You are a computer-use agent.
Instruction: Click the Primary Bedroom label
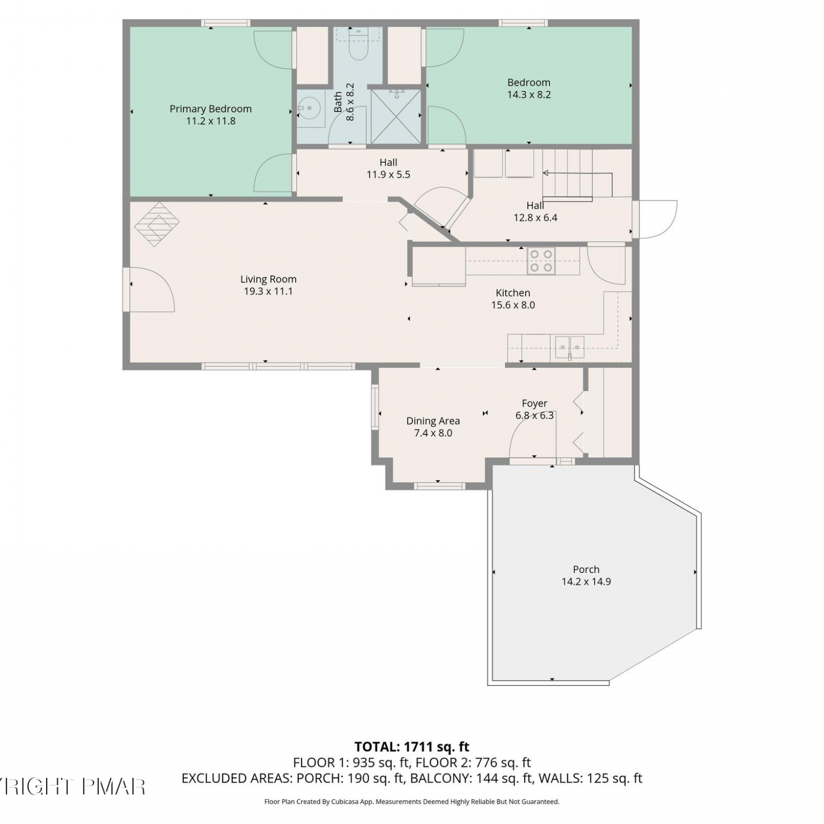[x=210, y=109]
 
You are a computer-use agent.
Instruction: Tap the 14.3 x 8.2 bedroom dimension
[x=528, y=94]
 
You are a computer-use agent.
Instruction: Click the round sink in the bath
[x=309, y=108]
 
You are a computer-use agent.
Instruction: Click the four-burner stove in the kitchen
[x=541, y=261]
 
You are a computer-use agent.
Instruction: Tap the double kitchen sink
[x=569, y=348]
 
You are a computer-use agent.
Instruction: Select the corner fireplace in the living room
[x=157, y=224]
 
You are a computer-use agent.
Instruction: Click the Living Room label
[x=268, y=279]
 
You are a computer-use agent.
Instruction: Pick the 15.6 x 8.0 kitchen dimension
[x=513, y=305]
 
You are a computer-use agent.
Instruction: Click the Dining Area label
[x=433, y=421]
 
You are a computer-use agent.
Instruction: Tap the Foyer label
[x=535, y=403]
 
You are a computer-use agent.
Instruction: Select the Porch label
[x=586, y=569]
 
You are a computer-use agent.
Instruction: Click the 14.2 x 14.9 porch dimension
[x=586, y=581]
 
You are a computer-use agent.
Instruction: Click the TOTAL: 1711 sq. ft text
[x=412, y=747]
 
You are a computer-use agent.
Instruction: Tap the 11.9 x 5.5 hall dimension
[x=388, y=175]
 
